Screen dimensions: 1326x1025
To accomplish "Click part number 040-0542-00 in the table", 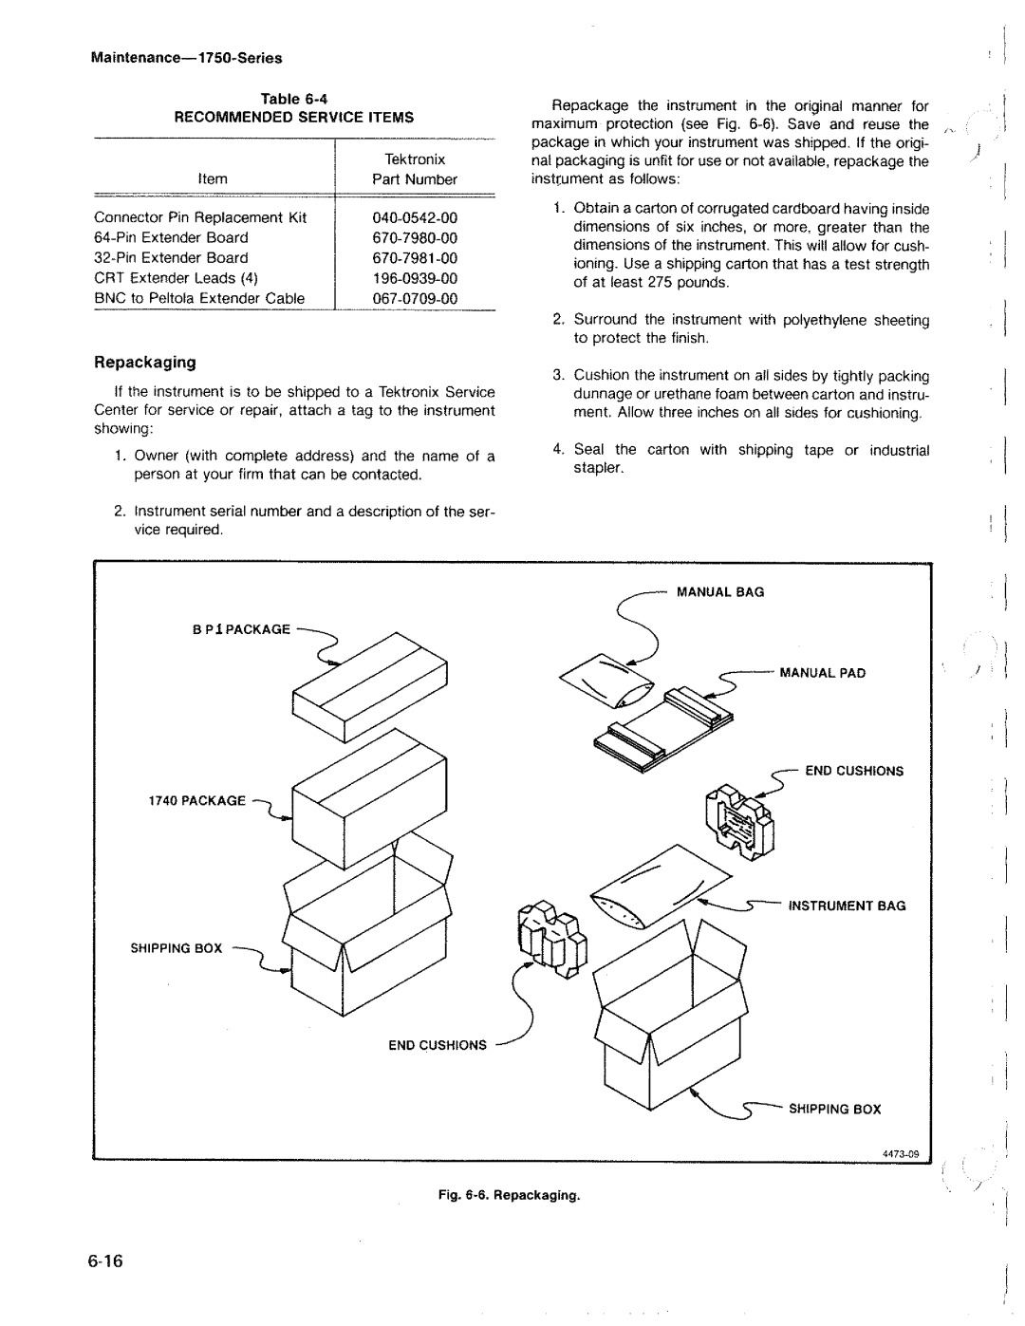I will [x=415, y=217].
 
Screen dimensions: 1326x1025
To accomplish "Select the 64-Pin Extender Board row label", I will [x=171, y=237].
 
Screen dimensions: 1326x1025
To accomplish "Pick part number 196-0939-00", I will [x=415, y=278].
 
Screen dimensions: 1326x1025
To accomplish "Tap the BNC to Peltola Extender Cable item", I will [x=199, y=298].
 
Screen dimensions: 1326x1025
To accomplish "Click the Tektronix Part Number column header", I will [x=415, y=169].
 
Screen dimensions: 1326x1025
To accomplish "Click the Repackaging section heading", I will [x=143, y=362].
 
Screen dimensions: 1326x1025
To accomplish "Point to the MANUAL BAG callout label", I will [x=719, y=592].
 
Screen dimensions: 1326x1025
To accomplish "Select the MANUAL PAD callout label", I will [x=823, y=673].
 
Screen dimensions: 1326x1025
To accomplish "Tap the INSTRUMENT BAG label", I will [x=847, y=906].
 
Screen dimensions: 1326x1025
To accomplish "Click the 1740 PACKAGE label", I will [x=196, y=800].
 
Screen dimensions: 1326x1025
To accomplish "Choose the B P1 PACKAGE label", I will [x=242, y=629].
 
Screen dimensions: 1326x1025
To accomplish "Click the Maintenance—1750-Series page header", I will [x=187, y=58].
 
